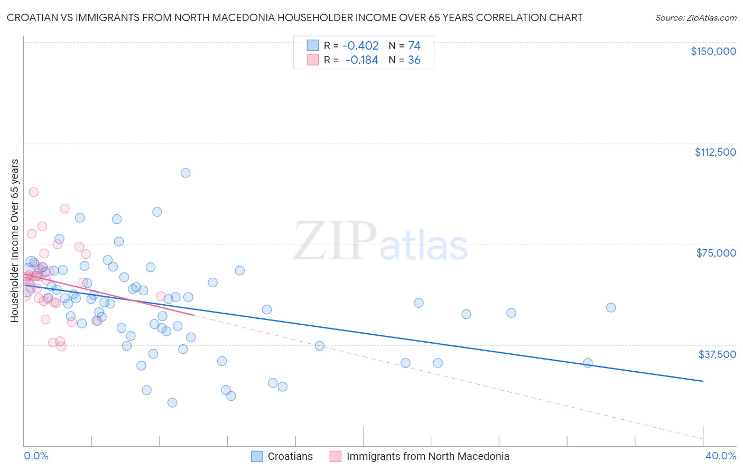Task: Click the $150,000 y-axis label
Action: coord(713,51)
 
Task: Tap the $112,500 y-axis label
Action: coord(715,152)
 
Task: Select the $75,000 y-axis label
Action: coord(716,253)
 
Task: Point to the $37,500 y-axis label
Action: coord(717,354)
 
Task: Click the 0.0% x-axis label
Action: coord(36,456)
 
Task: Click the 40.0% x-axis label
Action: coord(720,456)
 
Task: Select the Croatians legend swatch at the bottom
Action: coord(257,456)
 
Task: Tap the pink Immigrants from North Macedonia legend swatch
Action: coord(336,456)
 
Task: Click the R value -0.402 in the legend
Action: coord(360,46)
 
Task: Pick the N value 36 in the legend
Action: coord(414,60)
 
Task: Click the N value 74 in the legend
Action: coord(414,46)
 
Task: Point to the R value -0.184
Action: coord(361,60)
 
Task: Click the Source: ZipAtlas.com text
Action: coord(695,18)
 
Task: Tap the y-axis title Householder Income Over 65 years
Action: coord(15,241)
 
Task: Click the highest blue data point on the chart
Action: coord(185,173)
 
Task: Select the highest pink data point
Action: coord(34,192)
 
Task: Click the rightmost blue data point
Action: coord(611,307)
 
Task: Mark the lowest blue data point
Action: coord(172,402)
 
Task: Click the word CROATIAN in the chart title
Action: coord(33,18)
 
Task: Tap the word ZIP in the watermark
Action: coord(335,241)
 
